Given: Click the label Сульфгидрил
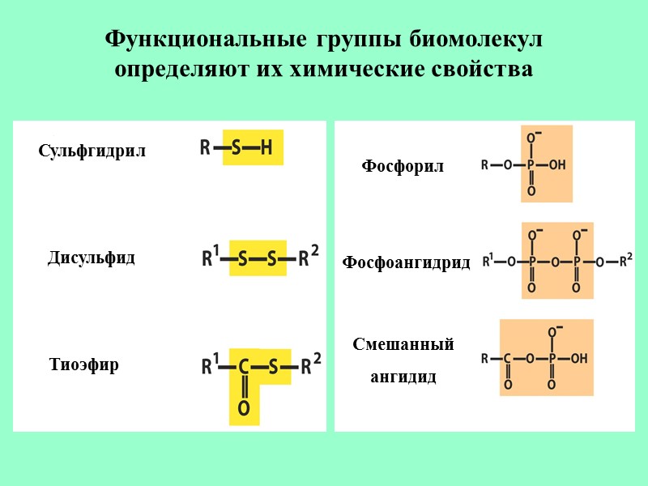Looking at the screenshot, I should [x=92, y=151].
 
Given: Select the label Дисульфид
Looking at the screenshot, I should [x=92, y=258].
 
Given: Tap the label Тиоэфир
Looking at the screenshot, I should [x=84, y=364].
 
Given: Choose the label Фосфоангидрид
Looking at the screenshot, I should [x=406, y=262].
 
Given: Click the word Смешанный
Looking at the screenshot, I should [x=403, y=344].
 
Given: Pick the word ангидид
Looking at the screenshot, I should [x=403, y=377].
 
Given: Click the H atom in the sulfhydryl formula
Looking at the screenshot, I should [x=266, y=148].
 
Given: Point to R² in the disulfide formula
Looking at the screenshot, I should [x=308, y=258].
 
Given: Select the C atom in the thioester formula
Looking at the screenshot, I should [x=243, y=368].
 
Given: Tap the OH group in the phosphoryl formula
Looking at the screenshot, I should [x=557, y=164].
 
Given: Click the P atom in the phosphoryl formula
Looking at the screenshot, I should [x=531, y=164].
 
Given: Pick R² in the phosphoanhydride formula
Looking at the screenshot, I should [x=625, y=261].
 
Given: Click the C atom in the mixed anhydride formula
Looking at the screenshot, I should [x=507, y=358].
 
